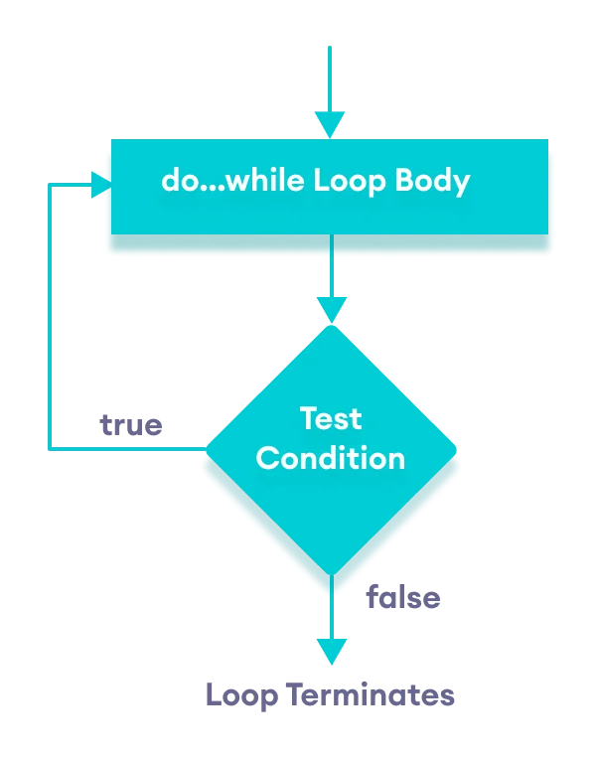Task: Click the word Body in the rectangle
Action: tap(432, 183)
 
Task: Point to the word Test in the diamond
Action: tap(331, 418)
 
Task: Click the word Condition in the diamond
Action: tap(331, 458)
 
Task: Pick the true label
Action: tap(130, 425)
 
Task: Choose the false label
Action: tap(402, 597)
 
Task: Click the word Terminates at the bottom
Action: tap(372, 694)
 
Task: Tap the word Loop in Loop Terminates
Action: tap(242, 694)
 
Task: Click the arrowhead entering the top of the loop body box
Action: tap(330, 125)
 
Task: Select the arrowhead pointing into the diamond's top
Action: tap(331, 310)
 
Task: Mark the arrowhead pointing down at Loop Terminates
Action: tap(331, 651)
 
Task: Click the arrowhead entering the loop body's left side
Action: tap(99, 184)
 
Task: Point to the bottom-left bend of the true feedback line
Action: tap(50, 449)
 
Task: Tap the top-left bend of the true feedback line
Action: tap(50, 184)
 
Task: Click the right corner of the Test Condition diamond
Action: tap(454, 449)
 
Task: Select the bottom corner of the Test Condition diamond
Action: tap(331, 573)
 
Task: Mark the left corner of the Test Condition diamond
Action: tap(208, 449)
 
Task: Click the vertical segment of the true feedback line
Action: tap(50, 318)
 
